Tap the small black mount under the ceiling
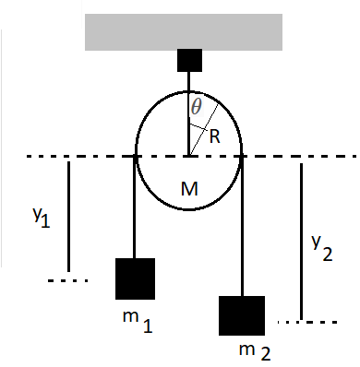(188, 61)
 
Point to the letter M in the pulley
(189, 190)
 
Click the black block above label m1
(135, 279)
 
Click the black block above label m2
(242, 316)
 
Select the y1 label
(40, 218)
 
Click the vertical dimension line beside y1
(68, 221)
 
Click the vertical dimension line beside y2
(301, 240)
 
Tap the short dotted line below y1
(67, 279)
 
